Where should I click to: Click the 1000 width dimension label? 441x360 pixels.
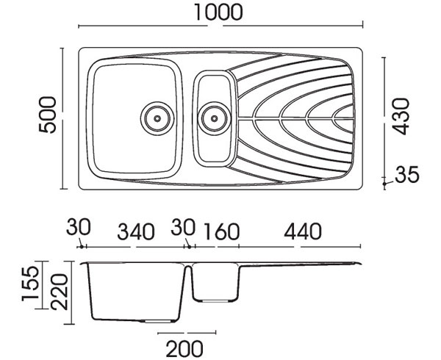pos(218,12)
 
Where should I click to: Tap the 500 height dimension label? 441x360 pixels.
pos(48,115)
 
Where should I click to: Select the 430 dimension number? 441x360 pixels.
pos(401,116)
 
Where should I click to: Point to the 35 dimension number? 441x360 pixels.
pos(407,174)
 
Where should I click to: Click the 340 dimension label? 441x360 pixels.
pos(136,232)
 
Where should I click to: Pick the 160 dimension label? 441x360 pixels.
pos(222,232)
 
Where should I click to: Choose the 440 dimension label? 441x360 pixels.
pos(303,231)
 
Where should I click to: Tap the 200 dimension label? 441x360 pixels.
pos(184,349)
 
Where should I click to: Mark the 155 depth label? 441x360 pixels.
pos(30,284)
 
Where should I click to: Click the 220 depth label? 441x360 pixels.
pos(59,292)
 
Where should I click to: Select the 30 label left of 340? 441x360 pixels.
pos(79,227)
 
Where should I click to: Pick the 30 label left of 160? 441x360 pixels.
pos(183,227)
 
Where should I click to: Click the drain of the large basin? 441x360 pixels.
pos(157,118)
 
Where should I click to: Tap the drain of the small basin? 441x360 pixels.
pos(215,118)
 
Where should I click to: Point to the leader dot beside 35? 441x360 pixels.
pos(384,184)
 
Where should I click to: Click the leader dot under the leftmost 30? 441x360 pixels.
pos(82,247)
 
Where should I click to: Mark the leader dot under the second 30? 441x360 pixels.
pos(190,247)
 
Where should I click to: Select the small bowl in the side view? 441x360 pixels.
pos(216,300)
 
